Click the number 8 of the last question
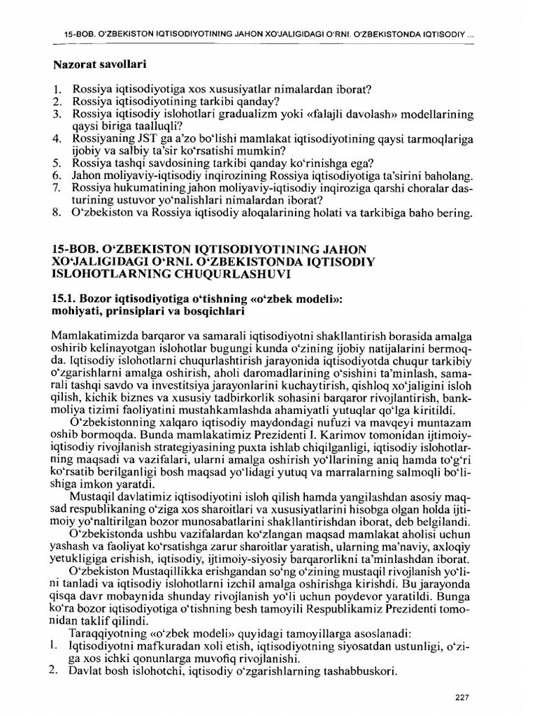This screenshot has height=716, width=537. [x=57, y=212]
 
